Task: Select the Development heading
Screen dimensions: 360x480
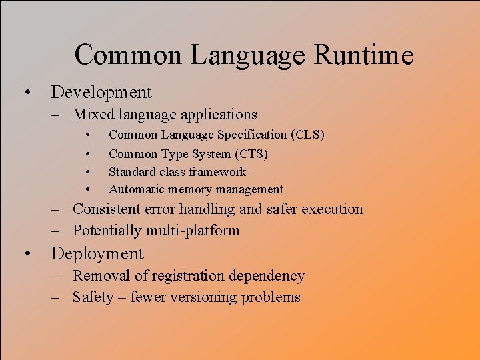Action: (x=101, y=92)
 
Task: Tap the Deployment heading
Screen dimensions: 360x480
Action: (x=97, y=254)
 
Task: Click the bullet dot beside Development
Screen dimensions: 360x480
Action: (x=27, y=92)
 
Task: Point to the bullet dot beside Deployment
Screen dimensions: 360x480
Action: (x=27, y=254)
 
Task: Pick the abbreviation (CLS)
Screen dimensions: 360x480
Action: (x=307, y=135)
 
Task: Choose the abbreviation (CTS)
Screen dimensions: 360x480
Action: (x=251, y=154)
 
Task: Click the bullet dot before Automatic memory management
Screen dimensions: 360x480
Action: (x=88, y=190)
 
